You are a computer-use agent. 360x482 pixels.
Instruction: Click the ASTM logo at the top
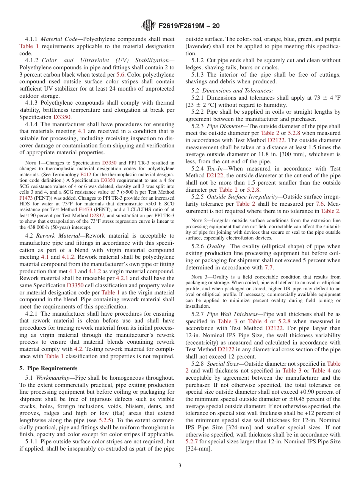click(148, 25)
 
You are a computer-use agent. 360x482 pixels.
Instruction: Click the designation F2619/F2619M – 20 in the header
click(189, 26)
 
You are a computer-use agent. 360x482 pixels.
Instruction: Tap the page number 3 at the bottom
click(180, 465)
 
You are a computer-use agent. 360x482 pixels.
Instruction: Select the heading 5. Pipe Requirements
click(48, 368)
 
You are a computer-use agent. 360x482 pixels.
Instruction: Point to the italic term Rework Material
click(58, 236)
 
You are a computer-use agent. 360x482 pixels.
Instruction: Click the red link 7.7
click(269, 268)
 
